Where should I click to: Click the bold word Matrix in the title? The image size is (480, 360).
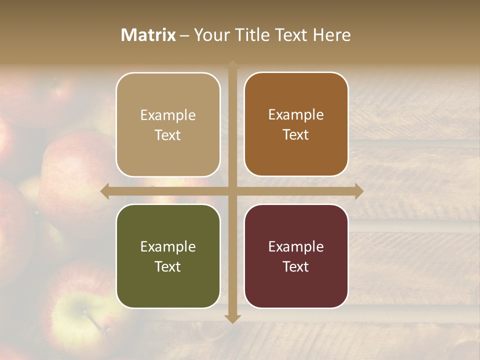148,35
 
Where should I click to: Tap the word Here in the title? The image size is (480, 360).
332,35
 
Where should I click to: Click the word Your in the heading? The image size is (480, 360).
209,35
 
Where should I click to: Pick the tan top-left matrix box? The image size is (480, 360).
168,125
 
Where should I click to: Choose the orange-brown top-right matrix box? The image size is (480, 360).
296,124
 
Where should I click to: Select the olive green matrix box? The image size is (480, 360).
168,256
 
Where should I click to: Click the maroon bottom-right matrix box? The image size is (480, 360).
296,256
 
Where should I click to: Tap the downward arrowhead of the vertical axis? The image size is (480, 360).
232,318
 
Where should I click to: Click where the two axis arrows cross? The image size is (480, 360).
232,191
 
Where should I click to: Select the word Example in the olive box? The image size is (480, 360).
168,246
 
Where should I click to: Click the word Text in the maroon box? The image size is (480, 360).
296,266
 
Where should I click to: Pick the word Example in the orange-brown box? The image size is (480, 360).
296,114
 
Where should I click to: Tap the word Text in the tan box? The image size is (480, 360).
168,135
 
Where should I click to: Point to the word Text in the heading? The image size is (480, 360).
290,35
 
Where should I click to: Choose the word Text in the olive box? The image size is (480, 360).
168,266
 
